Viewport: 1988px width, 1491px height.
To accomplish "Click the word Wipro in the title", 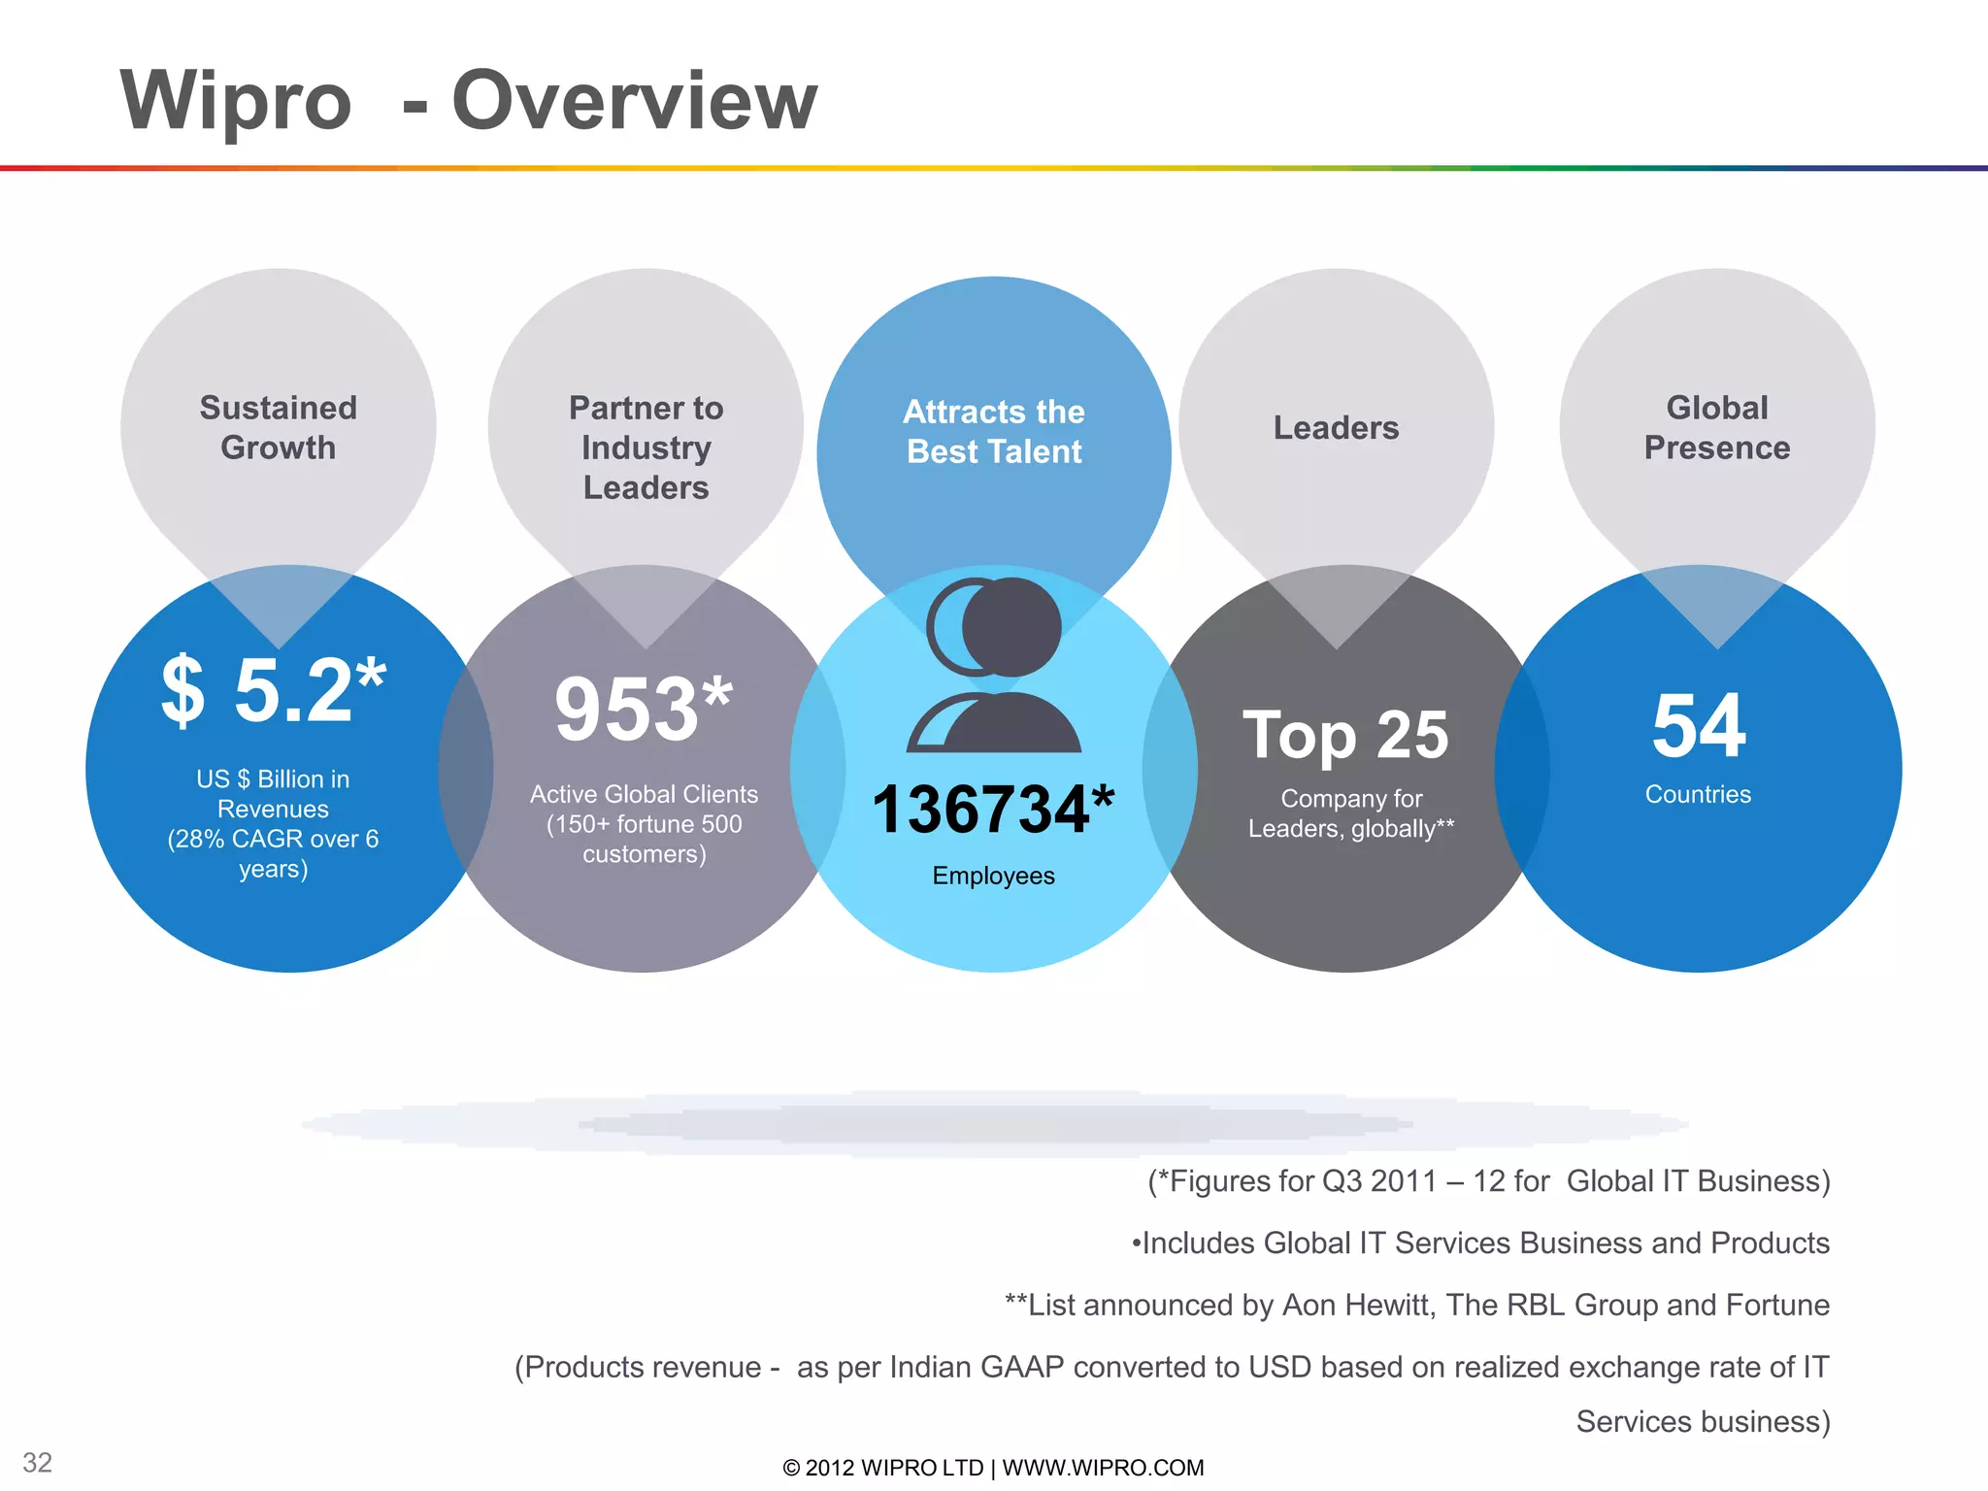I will (x=235, y=101).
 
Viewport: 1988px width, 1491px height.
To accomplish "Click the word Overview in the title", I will (x=635, y=101).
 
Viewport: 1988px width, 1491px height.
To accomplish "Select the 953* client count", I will (x=644, y=710).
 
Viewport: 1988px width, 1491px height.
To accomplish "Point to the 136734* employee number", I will (x=993, y=810).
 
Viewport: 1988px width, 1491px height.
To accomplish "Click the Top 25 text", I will (x=1345, y=735).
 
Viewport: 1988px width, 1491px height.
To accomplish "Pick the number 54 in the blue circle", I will (x=1699, y=726).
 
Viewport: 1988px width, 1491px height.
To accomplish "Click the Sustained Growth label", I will (x=279, y=427).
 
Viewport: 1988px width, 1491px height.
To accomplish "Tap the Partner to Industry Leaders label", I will (x=646, y=447).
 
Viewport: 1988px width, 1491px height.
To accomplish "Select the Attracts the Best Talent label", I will (x=994, y=432).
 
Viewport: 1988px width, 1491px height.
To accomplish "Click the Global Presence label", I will (x=1717, y=427).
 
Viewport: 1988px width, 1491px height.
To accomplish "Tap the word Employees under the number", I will (x=993, y=876).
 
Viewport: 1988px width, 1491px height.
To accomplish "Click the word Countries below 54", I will (x=1698, y=794).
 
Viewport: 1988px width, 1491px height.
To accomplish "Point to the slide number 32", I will (x=38, y=1462).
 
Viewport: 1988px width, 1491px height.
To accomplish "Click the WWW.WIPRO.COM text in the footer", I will (x=1103, y=1468).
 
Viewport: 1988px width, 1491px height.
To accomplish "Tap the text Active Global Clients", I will (x=644, y=794).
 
